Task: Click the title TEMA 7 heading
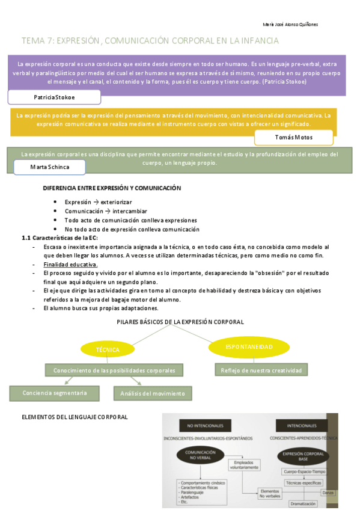(x=150, y=41)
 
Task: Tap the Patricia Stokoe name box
(x=54, y=97)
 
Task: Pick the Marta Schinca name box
(x=49, y=166)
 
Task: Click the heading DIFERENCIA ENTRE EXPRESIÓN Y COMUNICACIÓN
(x=112, y=188)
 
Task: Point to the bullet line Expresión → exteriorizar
(x=98, y=202)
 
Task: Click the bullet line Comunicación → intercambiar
(x=102, y=211)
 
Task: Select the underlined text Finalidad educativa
(x=70, y=265)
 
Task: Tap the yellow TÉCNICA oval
(x=107, y=349)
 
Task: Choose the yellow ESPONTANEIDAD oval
(x=249, y=347)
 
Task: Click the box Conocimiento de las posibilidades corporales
(x=114, y=370)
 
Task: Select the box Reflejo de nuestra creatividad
(x=260, y=370)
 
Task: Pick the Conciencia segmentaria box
(x=55, y=393)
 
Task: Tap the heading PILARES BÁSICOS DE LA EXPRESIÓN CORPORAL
(x=180, y=322)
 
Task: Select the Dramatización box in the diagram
(x=303, y=503)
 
